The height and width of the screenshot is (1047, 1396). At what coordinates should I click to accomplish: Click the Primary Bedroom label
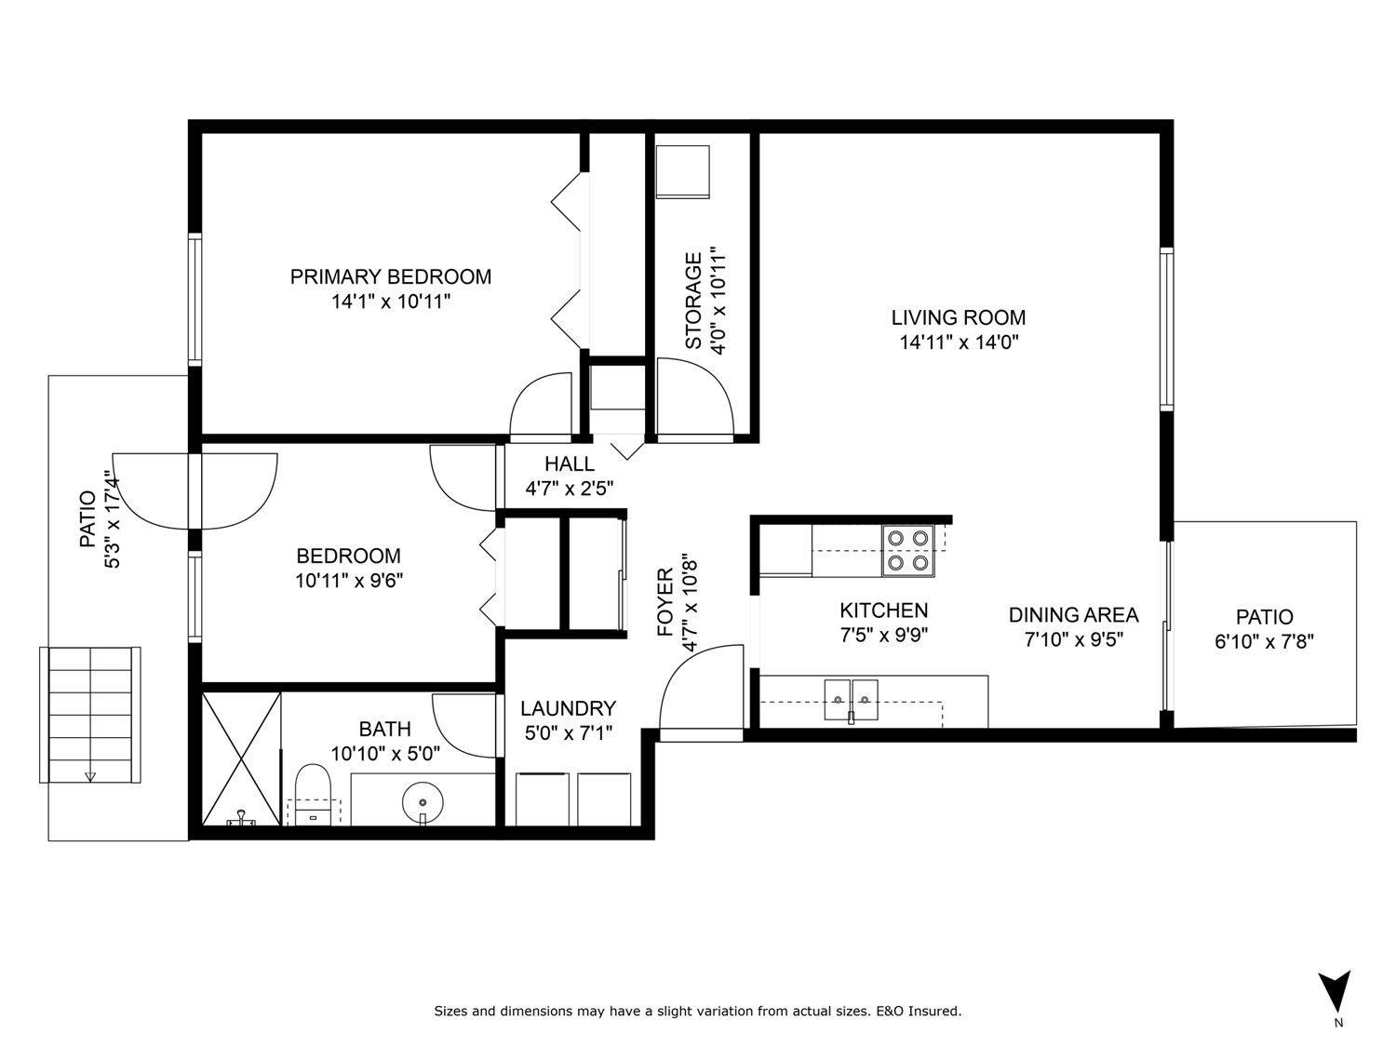[x=391, y=277]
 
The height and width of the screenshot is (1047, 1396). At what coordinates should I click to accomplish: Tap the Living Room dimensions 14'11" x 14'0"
[x=960, y=342]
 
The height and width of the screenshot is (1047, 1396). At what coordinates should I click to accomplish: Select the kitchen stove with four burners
[x=907, y=551]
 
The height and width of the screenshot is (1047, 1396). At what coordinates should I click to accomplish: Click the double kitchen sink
[x=851, y=700]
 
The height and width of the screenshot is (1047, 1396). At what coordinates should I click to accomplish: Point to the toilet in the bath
[x=313, y=794]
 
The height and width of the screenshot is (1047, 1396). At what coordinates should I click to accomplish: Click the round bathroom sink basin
[x=423, y=802]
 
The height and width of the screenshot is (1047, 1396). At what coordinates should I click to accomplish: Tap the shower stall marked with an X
[x=241, y=759]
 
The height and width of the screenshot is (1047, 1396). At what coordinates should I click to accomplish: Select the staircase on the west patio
[x=90, y=715]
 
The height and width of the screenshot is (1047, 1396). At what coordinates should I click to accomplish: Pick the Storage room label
[x=693, y=301]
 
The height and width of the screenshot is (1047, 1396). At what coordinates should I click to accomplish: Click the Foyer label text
[x=665, y=602]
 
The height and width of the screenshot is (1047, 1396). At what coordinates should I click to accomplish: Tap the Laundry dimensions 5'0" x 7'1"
[x=569, y=733]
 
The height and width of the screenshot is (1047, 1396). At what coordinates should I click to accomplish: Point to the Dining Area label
[x=1074, y=615]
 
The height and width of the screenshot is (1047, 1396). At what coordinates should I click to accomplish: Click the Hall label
[x=570, y=464]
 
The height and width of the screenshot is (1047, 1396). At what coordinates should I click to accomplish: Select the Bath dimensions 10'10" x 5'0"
[x=385, y=754]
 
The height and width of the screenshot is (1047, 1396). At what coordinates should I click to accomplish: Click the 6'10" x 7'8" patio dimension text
[x=1265, y=641]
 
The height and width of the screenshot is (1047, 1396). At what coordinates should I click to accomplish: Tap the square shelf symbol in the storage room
[x=682, y=171]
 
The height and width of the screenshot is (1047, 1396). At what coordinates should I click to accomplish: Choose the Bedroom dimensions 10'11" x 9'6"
[x=349, y=581]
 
